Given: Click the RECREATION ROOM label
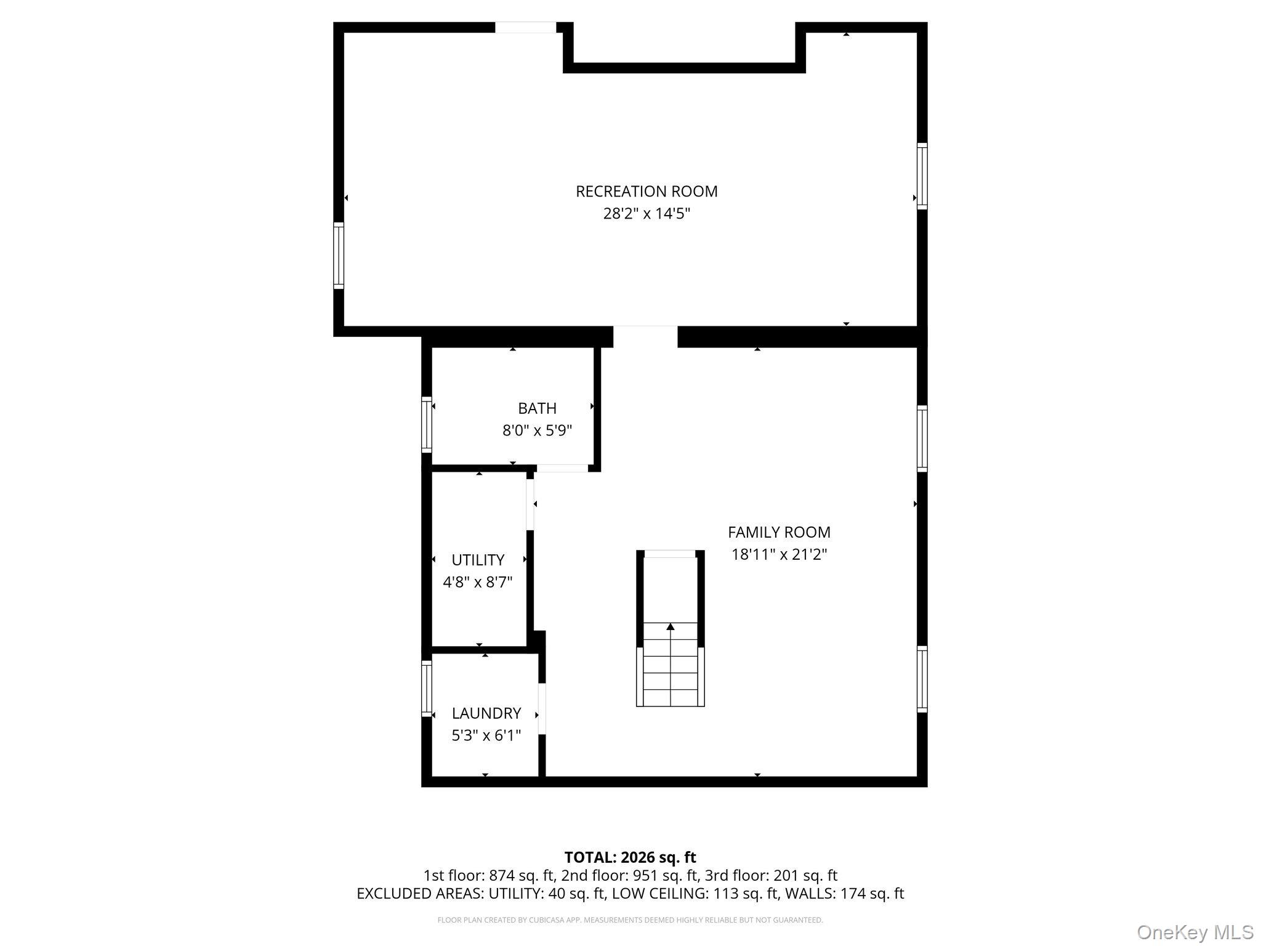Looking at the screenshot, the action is [647, 192].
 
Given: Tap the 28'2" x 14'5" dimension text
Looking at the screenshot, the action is [647, 214].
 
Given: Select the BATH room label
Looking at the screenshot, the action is [537, 408].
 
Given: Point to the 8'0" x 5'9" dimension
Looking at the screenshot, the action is [537, 431].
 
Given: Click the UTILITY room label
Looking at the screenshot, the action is [478, 560].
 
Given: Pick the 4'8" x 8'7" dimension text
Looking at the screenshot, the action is [478, 582].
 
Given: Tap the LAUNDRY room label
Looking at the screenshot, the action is [486, 713].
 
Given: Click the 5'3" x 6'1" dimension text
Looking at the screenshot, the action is [486, 735].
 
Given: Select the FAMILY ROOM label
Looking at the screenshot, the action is [779, 532].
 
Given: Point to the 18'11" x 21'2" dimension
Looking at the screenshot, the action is [779, 554].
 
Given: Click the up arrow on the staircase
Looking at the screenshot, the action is [671, 626].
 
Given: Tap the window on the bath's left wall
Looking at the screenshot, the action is [427, 425].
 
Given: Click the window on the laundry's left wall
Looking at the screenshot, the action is [427, 689].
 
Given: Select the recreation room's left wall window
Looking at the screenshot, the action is [339, 256].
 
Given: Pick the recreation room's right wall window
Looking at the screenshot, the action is [922, 176].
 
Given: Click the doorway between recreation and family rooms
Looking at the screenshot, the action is [645, 337].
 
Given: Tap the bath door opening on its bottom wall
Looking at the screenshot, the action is [562, 469].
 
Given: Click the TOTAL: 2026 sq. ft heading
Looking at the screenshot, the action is [630, 857].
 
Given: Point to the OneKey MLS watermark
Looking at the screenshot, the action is [1195, 931].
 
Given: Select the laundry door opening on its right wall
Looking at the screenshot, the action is [542, 709].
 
